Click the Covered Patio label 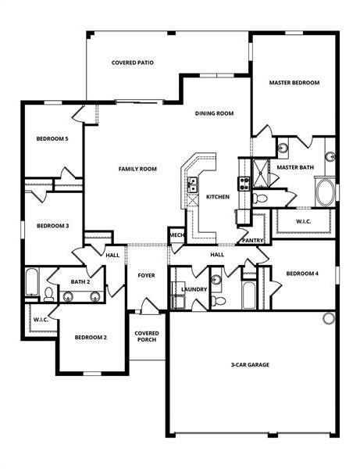point(132,62)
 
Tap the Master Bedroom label point(294,82)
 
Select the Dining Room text point(215,113)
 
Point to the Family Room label point(137,169)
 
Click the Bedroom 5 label point(52,138)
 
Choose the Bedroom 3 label point(52,226)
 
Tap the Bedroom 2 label point(91,337)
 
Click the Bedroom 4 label point(302,274)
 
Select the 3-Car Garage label point(251,364)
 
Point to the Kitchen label point(218,197)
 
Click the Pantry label point(252,241)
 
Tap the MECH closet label point(176,235)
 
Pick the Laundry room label point(194,289)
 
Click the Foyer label point(147,275)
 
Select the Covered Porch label point(147,336)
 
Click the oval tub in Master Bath point(325,192)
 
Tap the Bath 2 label point(80,281)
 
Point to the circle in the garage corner point(329,318)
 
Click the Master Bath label point(295,167)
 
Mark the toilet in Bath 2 point(48,294)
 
